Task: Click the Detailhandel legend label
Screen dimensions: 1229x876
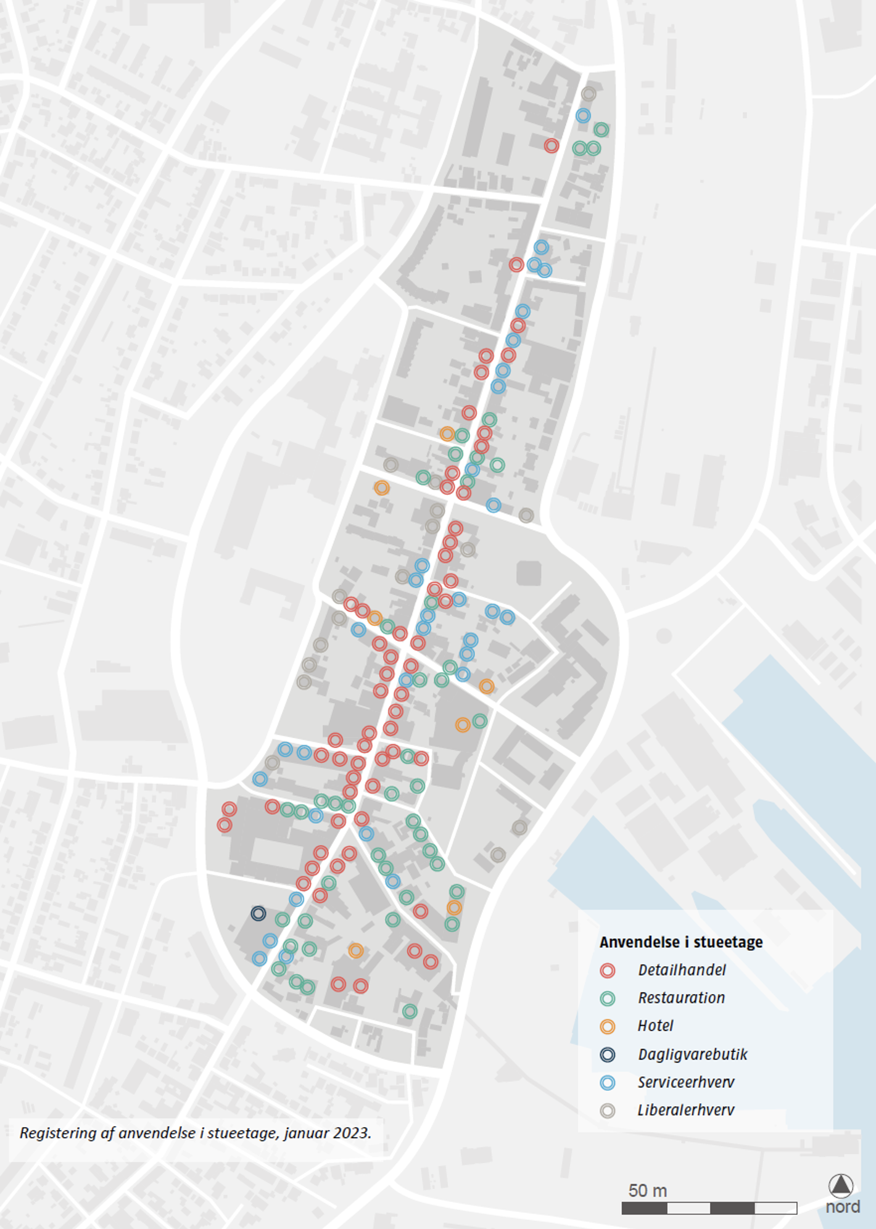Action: [682, 970]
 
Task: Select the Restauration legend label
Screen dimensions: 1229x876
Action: [681, 998]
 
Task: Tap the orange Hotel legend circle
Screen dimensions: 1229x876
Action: [608, 1026]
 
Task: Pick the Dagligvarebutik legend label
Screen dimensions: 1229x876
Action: [692, 1054]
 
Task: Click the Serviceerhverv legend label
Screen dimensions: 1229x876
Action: [686, 1082]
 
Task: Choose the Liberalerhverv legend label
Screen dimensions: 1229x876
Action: [686, 1111]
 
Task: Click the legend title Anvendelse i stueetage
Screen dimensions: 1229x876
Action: [681, 942]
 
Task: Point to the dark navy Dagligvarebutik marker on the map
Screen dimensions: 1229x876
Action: [258, 913]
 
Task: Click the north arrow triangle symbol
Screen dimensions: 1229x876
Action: [840, 1185]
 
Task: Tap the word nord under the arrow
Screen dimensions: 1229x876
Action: [843, 1207]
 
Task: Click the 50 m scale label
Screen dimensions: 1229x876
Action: [647, 1190]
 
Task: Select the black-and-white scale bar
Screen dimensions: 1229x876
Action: [709, 1208]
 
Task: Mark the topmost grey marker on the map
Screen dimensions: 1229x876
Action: [589, 94]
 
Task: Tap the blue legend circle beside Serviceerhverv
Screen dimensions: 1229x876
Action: [608, 1082]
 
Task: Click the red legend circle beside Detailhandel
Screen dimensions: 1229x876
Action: [608, 970]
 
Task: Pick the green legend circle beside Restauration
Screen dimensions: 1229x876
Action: [608, 998]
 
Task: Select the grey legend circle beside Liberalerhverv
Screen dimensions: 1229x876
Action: [608, 1111]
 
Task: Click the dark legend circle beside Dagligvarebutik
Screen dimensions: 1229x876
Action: [608, 1054]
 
